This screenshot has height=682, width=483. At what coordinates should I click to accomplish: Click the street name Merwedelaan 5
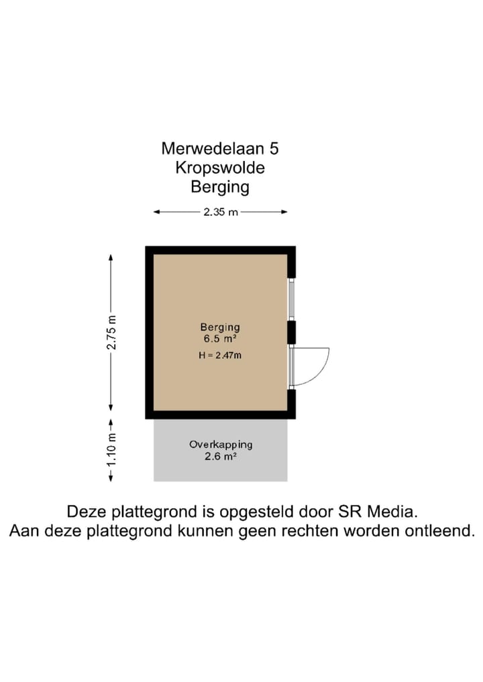point(220,148)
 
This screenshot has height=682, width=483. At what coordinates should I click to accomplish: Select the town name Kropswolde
point(220,167)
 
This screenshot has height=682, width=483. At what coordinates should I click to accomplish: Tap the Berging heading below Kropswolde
point(220,186)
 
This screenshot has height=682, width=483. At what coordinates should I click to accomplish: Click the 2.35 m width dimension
point(220,213)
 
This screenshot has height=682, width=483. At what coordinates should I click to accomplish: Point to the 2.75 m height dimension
point(112,332)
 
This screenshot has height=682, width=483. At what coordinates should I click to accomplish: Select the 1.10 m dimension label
point(112,450)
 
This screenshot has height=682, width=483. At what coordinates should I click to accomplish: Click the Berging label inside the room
point(219,327)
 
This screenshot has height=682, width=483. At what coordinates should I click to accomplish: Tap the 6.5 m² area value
point(219,339)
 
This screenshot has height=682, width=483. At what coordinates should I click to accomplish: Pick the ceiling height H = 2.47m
point(219,355)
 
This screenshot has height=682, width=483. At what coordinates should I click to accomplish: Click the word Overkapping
point(220,444)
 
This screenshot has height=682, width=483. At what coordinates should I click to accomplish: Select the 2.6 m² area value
point(220,457)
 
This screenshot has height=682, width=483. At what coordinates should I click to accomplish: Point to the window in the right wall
point(291,299)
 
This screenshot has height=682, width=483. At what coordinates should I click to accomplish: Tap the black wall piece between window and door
point(291,332)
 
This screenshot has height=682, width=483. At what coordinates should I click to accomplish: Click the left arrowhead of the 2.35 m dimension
point(157,213)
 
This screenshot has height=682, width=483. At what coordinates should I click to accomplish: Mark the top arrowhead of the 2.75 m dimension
point(111,258)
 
